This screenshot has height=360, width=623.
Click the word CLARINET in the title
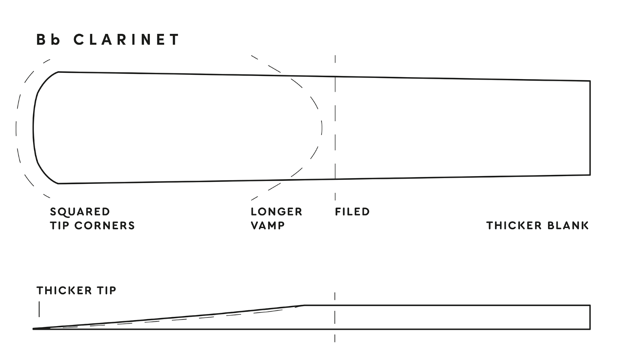[127, 40]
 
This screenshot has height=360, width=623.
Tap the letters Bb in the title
[48, 40]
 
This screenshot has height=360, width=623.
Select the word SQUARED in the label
[80, 212]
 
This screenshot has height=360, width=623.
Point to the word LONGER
[276, 212]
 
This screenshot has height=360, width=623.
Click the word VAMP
[268, 226]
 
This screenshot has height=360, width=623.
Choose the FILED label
[352, 212]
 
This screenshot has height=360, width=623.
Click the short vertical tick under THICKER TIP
[39, 309]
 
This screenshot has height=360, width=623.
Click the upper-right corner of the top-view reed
[590, 81]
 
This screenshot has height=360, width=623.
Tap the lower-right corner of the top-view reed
[590, 175]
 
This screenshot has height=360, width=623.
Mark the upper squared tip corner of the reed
[58, 72]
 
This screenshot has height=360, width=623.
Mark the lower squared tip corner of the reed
[58, 183]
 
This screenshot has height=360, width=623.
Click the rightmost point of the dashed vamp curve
[322, 128]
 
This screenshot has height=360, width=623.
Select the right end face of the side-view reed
[590, 317]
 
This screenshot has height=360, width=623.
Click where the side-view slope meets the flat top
[304, 305]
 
